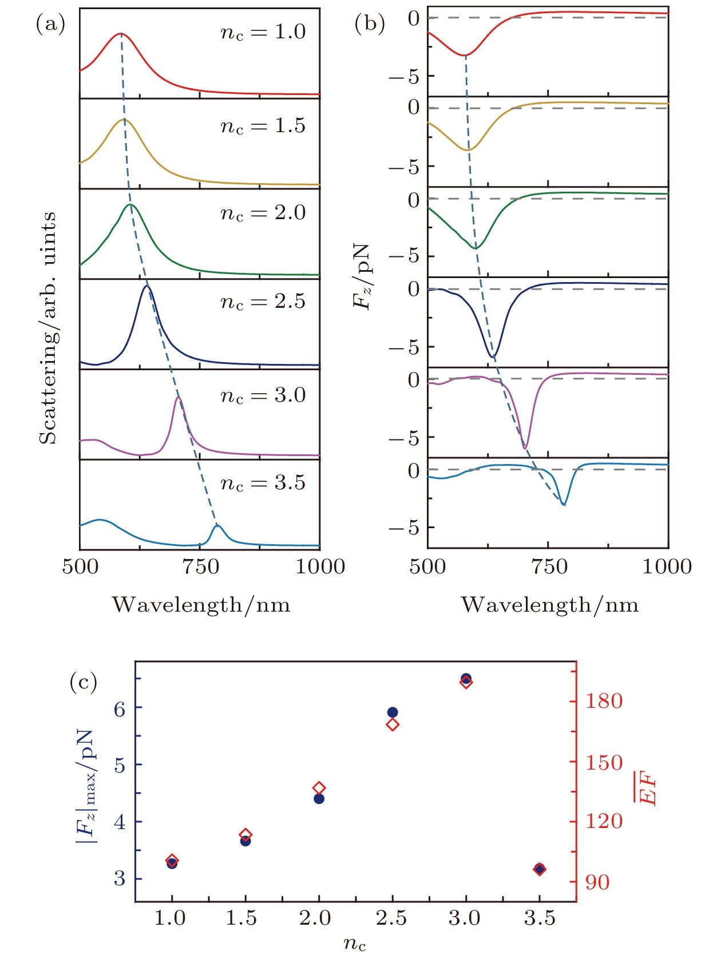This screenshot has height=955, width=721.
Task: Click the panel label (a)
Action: pos(50,24)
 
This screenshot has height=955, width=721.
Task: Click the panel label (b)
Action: pos(370,24)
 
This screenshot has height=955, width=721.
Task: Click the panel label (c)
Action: pos(84,681)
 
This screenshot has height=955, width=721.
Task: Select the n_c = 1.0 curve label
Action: pos(263,32)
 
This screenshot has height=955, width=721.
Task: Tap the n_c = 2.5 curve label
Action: pos(263,302)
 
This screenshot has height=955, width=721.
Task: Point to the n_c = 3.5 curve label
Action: pos(263,483)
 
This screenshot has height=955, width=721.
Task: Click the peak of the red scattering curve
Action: pos(121,34)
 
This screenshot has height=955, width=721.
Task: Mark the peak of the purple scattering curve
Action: pos(179,397)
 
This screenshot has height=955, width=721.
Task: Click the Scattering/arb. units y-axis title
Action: pos(48,327)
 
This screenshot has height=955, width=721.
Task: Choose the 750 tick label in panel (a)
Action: pos(200,566)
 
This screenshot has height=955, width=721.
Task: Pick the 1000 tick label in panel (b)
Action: pos(667,566)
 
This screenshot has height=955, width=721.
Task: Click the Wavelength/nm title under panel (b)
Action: pos(549,605)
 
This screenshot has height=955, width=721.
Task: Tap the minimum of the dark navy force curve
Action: pos(493,356)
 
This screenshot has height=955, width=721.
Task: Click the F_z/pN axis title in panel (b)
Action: pos(362,277)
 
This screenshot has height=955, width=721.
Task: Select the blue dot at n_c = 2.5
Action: pos(393,712)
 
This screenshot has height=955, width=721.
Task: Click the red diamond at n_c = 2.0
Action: pos(319,788)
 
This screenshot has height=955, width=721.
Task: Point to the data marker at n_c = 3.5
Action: pos(539,869)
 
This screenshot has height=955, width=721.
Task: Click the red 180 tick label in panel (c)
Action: pos(604,701)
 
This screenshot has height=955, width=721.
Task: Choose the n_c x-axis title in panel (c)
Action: pos(355,943)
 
